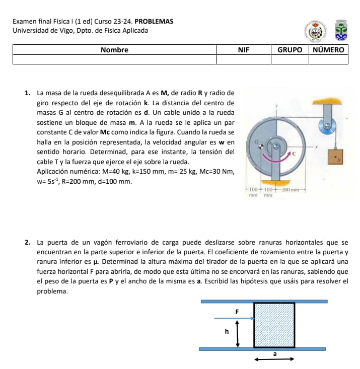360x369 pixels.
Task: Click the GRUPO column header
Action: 290,50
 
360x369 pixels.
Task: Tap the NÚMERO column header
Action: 328,50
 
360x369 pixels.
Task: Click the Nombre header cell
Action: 114,50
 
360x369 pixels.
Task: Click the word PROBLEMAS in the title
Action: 154,22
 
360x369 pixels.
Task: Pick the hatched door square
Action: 274,325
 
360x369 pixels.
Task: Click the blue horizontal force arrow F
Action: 234,318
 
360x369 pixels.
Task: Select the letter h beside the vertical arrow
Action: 227,332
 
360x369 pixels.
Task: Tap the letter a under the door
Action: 274,354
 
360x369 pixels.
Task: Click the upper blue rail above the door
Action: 264,301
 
